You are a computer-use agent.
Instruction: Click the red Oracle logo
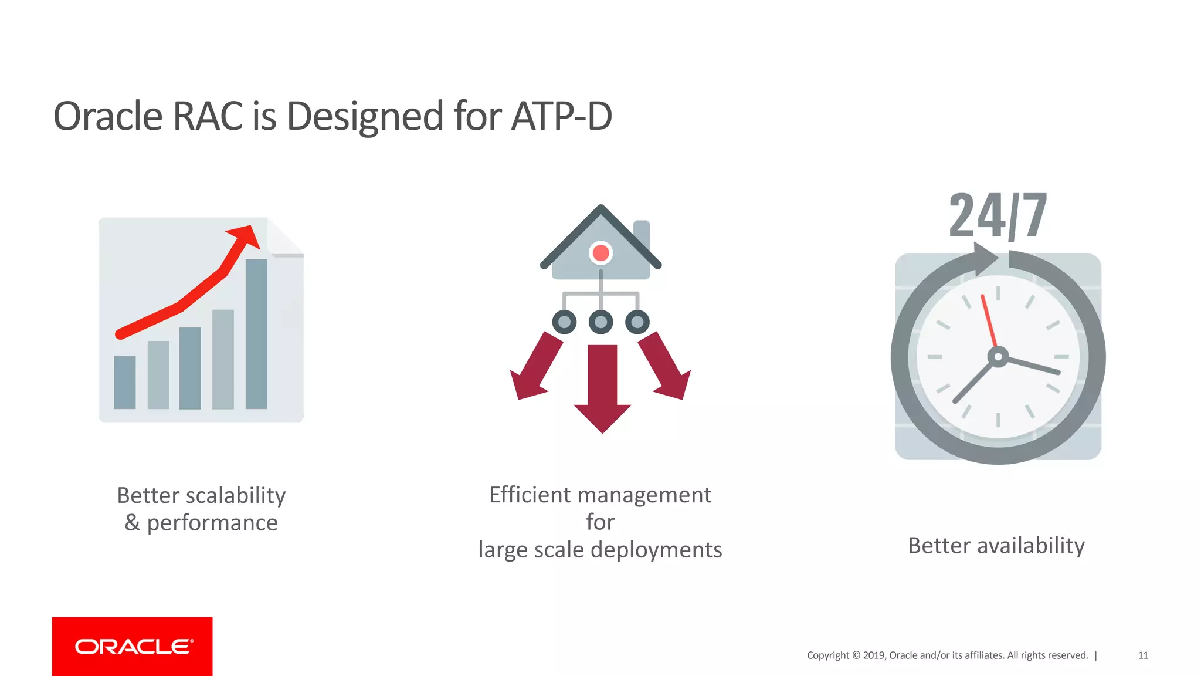(x=133, y=646)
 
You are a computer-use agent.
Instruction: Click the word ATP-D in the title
(x=561, y=116)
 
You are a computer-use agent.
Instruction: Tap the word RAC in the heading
(x=207, y=116)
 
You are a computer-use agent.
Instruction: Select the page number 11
(x=1143, y=655)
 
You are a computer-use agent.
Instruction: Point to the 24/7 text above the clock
(x=998, y=216)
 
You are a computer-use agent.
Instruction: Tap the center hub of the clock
(x=998, y=357)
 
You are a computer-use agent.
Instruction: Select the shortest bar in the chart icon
(x=124, y=382)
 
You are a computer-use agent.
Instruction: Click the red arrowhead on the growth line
(x=245, y=235)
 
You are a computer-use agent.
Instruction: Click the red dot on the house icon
(x=600, y=253)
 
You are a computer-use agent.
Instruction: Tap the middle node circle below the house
(x=600, y=322)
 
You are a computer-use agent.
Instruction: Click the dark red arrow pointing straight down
(x=602, y=387)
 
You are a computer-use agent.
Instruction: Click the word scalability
(x=235, y=496)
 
